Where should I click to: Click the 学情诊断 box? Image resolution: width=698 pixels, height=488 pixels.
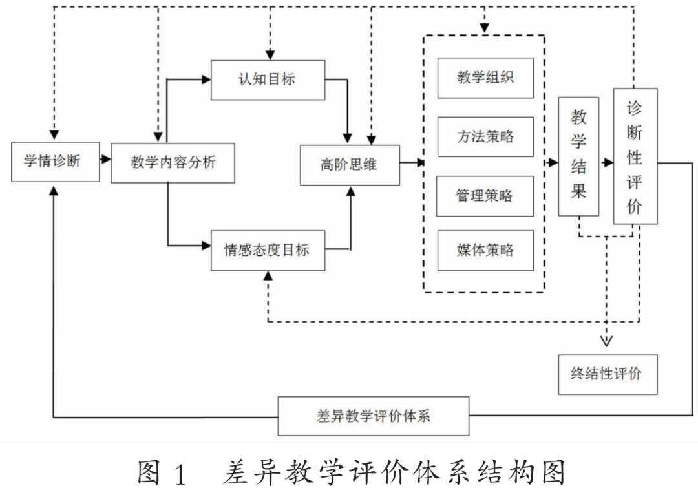coord(52,162)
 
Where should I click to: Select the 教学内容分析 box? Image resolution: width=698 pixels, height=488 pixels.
coord(173,162)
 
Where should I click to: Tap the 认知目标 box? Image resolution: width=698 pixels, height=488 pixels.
coord(268,80)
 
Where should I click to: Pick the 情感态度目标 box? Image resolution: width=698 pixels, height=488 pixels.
coord(268,250)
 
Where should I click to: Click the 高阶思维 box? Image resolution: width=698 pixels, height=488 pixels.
coord(350,165)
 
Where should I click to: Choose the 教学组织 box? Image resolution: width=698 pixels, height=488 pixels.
coord(485,78)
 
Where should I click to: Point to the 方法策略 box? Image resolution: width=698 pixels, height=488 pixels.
coord(485,136)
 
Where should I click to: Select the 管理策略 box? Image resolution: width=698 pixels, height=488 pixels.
coord(485,195)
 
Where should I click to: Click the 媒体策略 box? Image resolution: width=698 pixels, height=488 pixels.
coord(485,250)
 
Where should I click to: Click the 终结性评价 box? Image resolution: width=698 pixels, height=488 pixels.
coord(608,374)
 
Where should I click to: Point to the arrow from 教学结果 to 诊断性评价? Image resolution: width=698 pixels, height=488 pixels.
coord(606,163)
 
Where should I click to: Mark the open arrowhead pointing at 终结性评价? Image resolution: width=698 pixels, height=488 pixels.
coord(607,341)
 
